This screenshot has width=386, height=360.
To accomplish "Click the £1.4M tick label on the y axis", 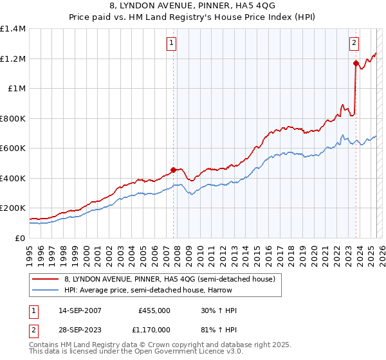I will click(13, 29).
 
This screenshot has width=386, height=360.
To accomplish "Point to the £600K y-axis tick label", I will click(13, 148).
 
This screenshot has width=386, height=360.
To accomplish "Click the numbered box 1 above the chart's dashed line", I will click(172, 43).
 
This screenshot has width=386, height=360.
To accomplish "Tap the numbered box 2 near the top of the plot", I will click(354, 43).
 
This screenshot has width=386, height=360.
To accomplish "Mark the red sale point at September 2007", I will click(173, 170).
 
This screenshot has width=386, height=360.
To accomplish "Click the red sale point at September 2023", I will click(356, 63).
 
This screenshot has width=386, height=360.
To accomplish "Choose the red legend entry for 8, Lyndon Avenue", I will click(170, 279).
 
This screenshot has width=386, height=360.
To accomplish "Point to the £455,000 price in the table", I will click(154, 310).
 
